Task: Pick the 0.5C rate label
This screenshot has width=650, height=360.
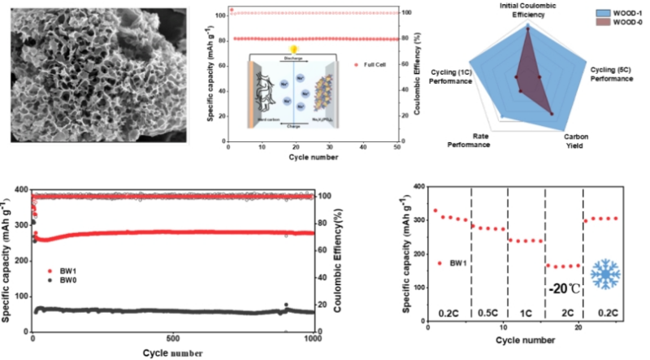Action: click(x=488, y=310)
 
